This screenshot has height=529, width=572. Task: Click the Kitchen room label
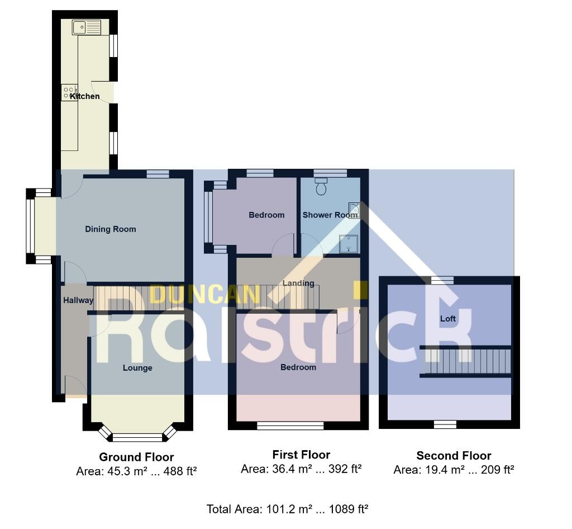coord(85,96)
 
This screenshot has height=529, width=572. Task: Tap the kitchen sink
coord(86,26)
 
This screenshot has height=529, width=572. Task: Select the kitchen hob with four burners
coord(69,92)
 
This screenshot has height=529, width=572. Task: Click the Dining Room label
coord(110,229)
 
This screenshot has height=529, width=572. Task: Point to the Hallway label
coord(78,300)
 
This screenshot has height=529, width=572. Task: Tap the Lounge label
coord(137,367)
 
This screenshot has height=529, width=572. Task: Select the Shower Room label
coord(330,215)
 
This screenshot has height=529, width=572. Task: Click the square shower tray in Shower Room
coord(349,244)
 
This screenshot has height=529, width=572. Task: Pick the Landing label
coord(298,283)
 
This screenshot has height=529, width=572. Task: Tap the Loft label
coord(448,319)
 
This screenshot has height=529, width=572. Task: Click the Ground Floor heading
coord(136,457)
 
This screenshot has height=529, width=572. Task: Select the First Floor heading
coord(301,455)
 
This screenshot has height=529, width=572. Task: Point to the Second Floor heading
coord(454,455)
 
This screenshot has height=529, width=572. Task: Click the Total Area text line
coord(287,509)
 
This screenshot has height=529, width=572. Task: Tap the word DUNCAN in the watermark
coord(204,294)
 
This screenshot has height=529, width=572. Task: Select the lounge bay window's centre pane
coord(137,437)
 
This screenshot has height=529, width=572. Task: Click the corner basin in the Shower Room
coord(354,210)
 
